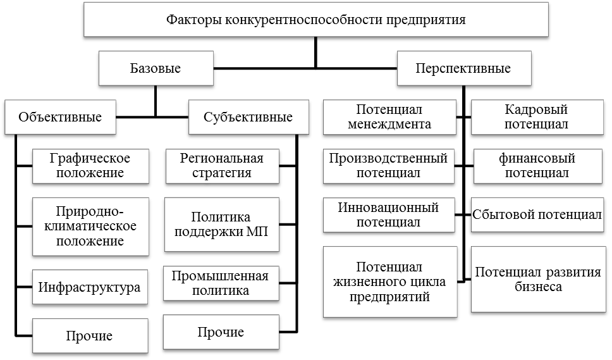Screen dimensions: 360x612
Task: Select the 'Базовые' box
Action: click(156, 68)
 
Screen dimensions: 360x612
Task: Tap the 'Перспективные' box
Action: click(463, 68)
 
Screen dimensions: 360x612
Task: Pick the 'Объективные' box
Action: click(60, 117)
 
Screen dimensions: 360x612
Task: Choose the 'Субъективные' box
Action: click(248, 117)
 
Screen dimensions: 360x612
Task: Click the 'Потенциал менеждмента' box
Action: click(389, 117)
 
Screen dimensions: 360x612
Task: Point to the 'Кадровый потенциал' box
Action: click(537, 117)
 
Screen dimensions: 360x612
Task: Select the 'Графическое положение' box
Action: click(90, 164)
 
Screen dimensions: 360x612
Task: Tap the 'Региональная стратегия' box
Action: click(221, 164)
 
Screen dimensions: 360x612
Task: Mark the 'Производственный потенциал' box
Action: click(388, 164)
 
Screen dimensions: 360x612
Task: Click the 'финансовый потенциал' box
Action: click(537, 164)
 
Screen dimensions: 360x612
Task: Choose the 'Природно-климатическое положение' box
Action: click(90, 226)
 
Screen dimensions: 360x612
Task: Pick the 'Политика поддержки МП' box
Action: click(221, 224)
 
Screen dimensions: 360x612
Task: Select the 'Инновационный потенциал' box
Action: click(388, 214)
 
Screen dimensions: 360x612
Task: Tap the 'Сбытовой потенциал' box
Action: click(537, 214)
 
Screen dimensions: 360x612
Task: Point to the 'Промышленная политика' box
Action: click(221, 283)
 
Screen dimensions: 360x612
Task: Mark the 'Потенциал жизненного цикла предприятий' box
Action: click(389, 282)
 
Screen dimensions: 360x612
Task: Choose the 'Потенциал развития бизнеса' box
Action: click(537, 279)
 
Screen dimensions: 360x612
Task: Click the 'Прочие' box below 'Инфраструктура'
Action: click(90, 336)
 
